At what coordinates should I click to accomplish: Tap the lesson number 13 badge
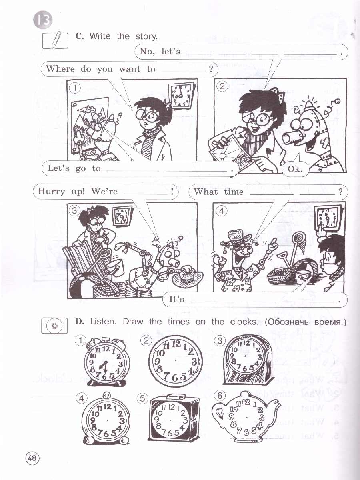[x=43, y=20]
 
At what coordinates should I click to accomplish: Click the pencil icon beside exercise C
[x=55, y=40]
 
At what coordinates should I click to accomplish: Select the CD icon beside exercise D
[x=54, y=326]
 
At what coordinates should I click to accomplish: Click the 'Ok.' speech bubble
[x=295, y=169]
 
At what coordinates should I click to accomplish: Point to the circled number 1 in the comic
[x=75, y=88]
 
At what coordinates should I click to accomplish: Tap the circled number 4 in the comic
[x=222, y=211]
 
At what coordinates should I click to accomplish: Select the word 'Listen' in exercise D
[x=102, y=322]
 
